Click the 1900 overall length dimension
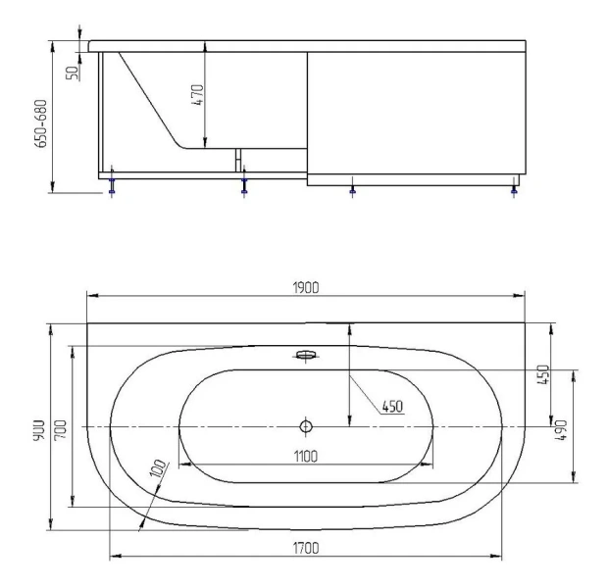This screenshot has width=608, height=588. (x=306, y=288)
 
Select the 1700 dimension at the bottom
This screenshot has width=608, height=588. (x=306, y=548)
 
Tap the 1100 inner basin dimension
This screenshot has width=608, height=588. (x=306, y=457)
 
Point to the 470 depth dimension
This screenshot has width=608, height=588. (x=197, y=95)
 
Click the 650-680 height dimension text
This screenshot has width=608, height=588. (x=41, y=123)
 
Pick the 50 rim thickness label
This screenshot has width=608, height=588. (x=73, y=73)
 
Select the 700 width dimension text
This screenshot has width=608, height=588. (x=60, y=429)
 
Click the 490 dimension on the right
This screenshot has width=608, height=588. (x=562, y=430)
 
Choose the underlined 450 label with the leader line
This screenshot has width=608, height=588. (x=392, y=407)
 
